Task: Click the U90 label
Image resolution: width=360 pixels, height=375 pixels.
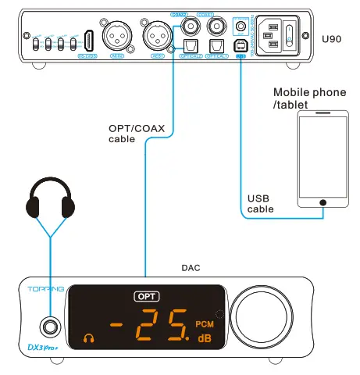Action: click(332, 37)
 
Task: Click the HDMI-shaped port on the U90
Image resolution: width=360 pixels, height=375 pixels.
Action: click(89, 40)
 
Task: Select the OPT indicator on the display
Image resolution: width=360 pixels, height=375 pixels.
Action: click(145, 296)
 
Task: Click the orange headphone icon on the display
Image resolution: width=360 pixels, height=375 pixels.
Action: click(87, 338)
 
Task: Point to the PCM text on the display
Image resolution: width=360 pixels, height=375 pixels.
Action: click(204, 323)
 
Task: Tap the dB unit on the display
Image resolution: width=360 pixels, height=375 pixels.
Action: click(204, 338)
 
